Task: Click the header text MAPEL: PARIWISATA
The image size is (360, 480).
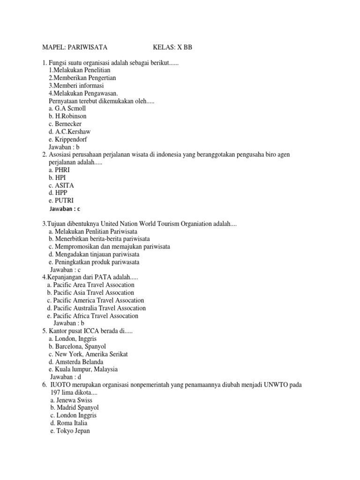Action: pos(75,47)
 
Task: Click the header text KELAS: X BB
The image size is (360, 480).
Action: pos(172,47)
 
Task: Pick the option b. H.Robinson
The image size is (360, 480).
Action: pos(67,116)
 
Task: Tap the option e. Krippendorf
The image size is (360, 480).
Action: pos(67,139)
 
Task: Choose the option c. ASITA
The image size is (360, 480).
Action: pos(61,185)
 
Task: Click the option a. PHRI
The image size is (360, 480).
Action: pos(59,170)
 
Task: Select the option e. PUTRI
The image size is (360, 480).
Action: pos(61,201)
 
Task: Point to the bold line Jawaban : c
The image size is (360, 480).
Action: pos(68,209)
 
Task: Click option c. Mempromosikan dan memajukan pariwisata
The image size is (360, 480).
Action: pos(109,247)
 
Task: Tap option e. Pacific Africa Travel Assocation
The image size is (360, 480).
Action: pos(92,316)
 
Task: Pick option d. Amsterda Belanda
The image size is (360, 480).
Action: pos(76,362)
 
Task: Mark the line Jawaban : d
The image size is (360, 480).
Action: pos(66,377)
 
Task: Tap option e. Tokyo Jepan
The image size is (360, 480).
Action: pos(70,431)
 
